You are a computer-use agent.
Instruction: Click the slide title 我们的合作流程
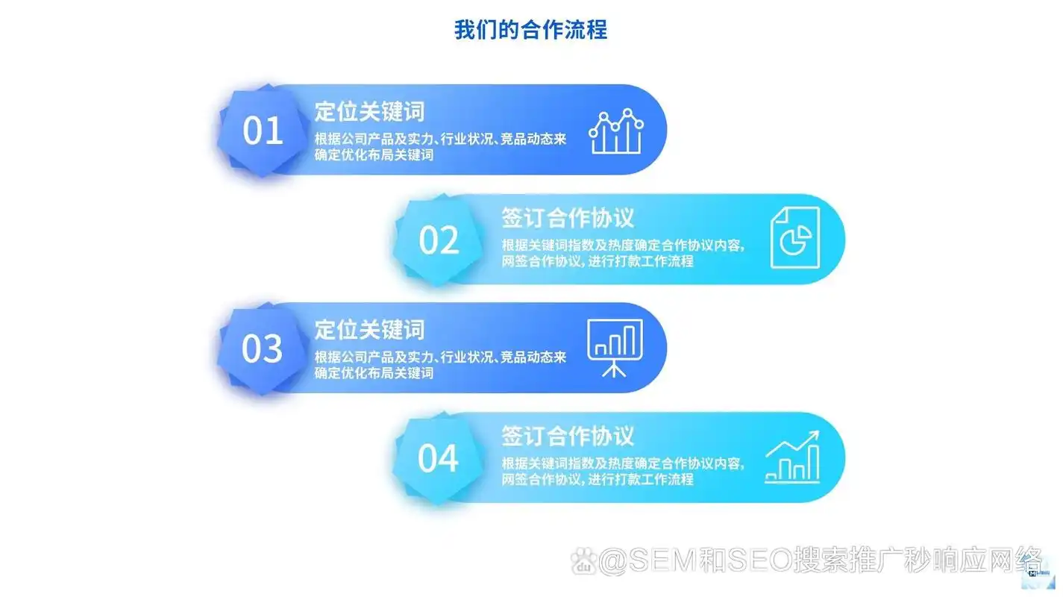(530, 30)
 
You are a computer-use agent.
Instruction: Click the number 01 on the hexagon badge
(263, 131)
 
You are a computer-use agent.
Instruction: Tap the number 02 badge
(439, 240)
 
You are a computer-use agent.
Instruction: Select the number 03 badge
(263, 349)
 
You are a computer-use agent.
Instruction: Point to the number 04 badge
(439, 458)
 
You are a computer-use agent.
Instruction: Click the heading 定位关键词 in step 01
(369, 112)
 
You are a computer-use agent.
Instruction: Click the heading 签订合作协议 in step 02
(568, 218)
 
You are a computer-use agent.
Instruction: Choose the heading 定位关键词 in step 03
(369, 329)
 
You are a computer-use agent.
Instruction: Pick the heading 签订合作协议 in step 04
(568, 436)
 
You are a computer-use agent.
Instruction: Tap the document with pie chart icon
(794, 237)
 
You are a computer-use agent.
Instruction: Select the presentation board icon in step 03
(615, 348)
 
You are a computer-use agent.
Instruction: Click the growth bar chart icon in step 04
(792, 457)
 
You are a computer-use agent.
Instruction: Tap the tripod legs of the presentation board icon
(615, 368)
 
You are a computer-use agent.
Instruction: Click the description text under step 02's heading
(622, 254)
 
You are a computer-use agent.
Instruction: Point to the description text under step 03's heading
(440, 364)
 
